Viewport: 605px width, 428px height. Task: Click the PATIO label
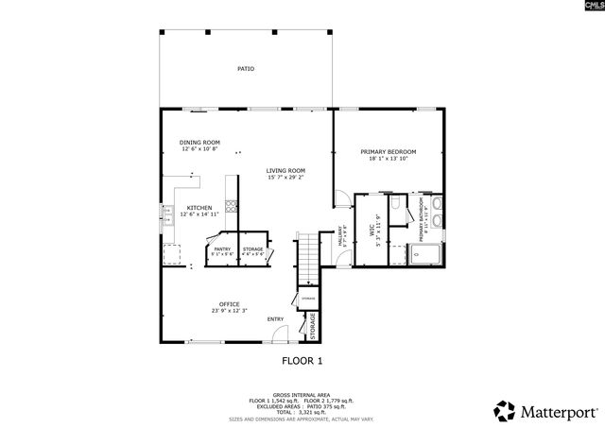click(245, 69)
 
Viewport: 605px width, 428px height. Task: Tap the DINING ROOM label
click(199, 143)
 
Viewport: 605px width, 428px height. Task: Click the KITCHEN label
click(199, 208)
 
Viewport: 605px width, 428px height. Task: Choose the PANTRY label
click(221, 249)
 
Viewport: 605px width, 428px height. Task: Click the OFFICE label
click(229, 304)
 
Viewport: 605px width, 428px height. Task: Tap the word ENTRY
click(275, 318)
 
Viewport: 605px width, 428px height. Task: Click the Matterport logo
click(546, 411)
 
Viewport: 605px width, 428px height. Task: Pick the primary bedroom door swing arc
click(338, 197)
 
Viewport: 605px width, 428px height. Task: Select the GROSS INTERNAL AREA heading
click(302, 396)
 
